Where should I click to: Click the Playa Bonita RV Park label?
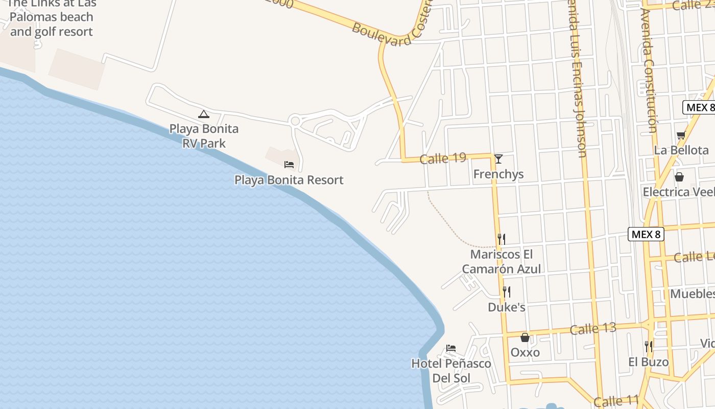204,136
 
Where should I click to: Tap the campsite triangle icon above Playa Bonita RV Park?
204,114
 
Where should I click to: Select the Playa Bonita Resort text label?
289,180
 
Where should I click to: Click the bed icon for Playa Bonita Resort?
289,165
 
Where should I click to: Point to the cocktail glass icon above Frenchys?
498,159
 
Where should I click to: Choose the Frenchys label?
498,174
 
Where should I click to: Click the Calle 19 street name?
443,158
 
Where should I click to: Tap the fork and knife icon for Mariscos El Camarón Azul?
502,239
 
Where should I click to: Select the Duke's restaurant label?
507,307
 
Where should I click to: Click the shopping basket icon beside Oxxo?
525,337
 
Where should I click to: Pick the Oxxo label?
525,353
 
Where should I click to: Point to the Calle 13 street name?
593,329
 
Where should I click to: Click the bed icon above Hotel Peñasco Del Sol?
451,348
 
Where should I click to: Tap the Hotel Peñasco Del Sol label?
451,371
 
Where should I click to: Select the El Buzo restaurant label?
648,362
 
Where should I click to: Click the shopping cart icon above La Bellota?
681,135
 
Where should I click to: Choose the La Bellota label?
681,150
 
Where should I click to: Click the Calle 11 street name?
616,401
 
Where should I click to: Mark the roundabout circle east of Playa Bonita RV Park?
295,121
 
